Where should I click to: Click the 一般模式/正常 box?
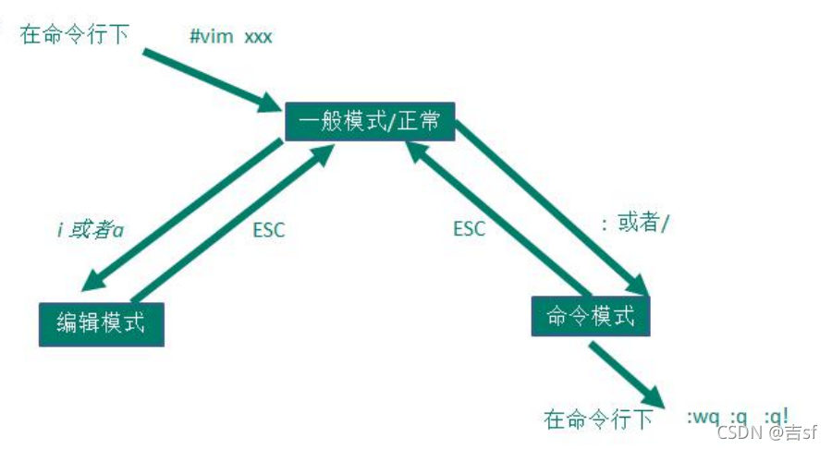tap(370, 121)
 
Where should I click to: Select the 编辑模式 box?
tap(102, 323)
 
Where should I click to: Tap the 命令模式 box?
tap(591, 317)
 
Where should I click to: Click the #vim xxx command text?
tap(230, 38)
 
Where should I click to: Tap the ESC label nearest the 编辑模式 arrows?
tap(269, 230)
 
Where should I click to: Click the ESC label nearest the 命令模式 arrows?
tap(469, 228)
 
